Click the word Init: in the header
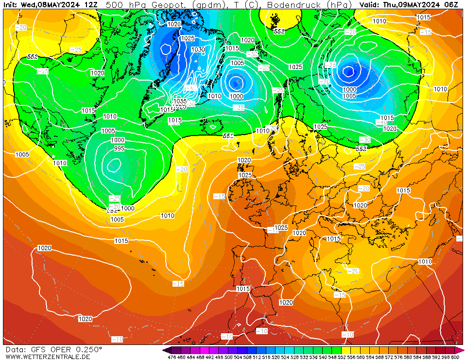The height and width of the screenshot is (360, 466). coord(11,5)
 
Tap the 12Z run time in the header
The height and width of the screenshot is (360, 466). coord(90,5)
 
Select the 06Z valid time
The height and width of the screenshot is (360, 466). coord(452,5)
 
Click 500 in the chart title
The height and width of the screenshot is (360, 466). coord(114,5)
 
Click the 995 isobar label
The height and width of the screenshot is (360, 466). coord(119,149)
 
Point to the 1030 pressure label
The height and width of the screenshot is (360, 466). coord(198,50)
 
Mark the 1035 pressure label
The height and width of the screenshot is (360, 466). coord(180,101)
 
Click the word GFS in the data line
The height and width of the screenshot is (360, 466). coord(38,350)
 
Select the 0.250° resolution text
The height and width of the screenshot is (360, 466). coord(89,350)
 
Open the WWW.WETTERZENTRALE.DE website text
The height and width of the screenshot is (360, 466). coord(48,357)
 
